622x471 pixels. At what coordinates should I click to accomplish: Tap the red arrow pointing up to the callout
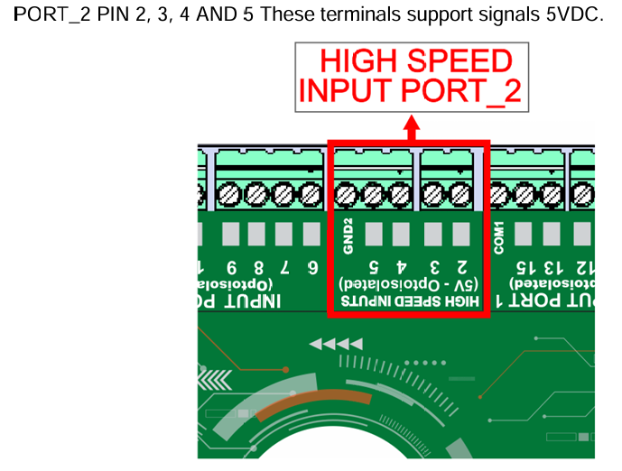point(411,126)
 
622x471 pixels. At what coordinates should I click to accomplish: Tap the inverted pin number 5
point(375,267)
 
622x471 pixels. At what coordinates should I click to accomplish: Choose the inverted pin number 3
point(434,267)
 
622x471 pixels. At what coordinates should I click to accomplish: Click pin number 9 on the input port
point(232,268)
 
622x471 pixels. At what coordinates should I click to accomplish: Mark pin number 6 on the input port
point(312,268)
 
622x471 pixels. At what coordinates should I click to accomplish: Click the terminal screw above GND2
point(348,193)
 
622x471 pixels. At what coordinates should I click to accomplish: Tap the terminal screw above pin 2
point(461,193)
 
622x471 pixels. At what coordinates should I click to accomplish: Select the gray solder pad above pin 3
point(434,235)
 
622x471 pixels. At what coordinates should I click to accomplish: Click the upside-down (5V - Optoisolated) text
point(408,283)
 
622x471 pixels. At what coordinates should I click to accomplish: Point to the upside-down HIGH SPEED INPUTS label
point(408,300)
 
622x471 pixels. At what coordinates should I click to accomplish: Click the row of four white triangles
point(336,344)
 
